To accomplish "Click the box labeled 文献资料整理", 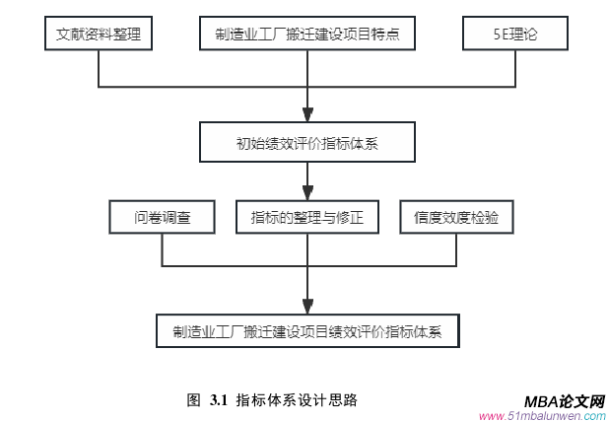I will click(99, 35).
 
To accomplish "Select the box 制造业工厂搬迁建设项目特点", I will click(306, 35).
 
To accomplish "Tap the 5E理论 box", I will click(515, 35).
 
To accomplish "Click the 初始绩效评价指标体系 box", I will click(306, 143).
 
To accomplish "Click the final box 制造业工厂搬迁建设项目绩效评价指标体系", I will click(307, 330).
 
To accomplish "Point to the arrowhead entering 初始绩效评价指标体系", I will click(307, 114).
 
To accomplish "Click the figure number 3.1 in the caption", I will click(218, 400).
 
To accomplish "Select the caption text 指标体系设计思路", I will click(296, 400).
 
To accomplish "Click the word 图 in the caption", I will click(193, 400).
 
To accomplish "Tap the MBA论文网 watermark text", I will click(564, 400).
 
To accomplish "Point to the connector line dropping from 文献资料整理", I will click(99, 69).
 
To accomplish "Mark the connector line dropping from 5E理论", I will click(515, 69).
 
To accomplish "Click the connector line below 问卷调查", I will click(162, 250).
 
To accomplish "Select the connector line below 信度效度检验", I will click(456, 250).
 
